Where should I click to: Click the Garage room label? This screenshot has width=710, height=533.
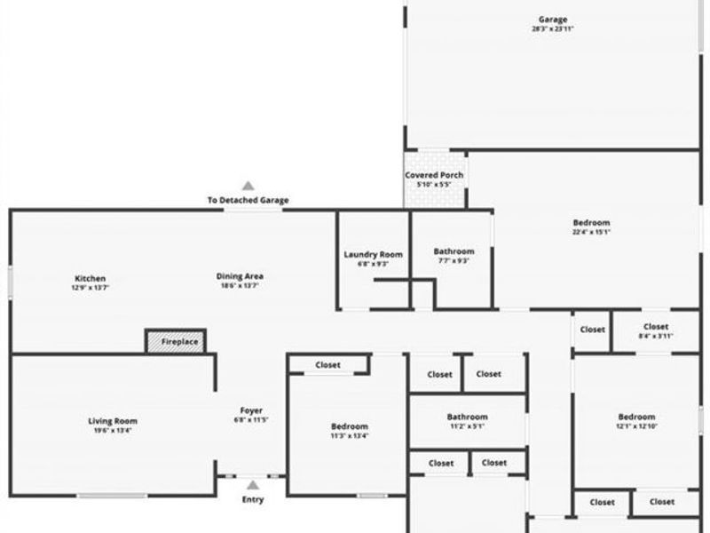[x=552, y=20]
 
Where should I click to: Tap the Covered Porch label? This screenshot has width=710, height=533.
[x=434, y=176]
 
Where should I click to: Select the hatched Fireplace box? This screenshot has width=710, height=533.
[x=176, y=341]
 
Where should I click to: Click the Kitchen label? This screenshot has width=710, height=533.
[x=90, y=277]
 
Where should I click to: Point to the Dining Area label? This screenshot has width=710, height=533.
[x=240, y=276]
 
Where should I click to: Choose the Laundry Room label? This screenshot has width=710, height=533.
[x=373, y=255]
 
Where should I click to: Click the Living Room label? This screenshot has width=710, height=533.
[x=113, y=421]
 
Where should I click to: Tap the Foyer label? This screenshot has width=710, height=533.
[x=251, y=410]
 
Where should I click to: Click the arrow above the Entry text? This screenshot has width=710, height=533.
[x=253, y=485]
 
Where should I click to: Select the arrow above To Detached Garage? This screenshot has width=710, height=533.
[x=248, y=187]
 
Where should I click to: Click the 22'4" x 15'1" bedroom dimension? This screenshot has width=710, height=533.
[x=591, y=233]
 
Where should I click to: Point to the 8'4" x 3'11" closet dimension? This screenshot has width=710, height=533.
[x=656, y=336]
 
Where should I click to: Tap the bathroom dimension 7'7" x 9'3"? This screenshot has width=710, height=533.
[x=454, y=261]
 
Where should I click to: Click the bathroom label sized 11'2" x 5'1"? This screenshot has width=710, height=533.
[x=467, y=417]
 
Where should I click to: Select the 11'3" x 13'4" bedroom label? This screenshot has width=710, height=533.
[x=349, y=426]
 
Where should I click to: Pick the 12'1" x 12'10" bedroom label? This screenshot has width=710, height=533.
[x=636, y=417]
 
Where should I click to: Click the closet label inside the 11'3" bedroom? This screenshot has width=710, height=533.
[x=327, y=365]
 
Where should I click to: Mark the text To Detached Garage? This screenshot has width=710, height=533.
[x=248, y=201]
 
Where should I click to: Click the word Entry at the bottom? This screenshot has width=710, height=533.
[x=253, y=499]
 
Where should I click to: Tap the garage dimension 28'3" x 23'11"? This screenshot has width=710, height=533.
[x=552, y=29]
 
